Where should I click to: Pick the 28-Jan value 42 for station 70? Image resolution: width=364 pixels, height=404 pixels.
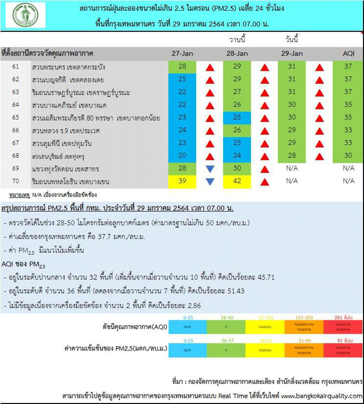point(237,181)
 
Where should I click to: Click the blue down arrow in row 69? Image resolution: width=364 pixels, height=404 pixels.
point(210,169)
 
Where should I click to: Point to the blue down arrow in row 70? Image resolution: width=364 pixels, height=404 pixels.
point(210,181)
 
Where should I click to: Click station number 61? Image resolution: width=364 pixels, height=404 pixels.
point(16,67)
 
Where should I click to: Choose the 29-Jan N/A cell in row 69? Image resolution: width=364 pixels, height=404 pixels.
point(292,169)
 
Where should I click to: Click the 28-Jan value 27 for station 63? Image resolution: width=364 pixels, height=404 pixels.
point(237,92)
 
